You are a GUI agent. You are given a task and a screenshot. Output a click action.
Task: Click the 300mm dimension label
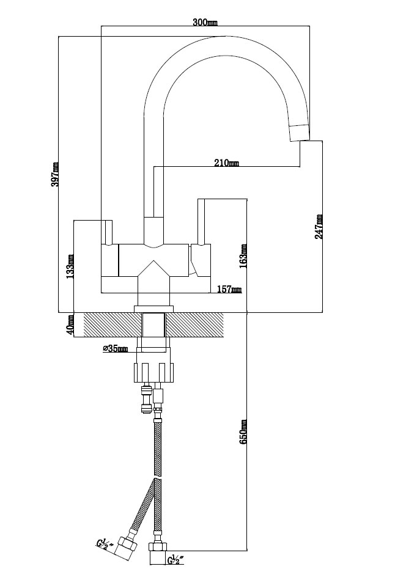point(205,22)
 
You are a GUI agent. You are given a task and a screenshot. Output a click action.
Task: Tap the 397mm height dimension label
point(55,174)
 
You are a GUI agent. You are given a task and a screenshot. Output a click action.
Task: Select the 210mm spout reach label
point(226,163)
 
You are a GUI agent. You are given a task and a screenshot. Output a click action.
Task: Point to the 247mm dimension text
point(319,227)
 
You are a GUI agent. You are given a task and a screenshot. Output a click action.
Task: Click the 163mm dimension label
point(243,256)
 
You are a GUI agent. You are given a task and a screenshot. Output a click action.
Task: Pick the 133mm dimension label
point(70,266)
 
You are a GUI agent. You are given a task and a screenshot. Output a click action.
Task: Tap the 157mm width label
point(229,289)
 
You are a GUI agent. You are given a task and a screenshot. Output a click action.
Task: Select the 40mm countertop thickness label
point(70,324)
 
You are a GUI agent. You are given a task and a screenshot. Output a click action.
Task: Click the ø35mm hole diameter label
point(116,349)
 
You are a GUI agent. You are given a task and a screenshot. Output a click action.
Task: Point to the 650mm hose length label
point(243,431)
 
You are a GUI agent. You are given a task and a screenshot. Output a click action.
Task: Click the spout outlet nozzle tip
point(300,133)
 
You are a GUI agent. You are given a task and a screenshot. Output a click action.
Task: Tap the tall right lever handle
point(201,221)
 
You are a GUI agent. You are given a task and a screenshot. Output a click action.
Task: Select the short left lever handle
point(109,232)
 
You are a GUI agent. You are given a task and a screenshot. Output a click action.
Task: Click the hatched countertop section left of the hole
point(113,325)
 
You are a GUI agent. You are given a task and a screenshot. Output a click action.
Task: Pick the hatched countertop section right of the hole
point(195,325)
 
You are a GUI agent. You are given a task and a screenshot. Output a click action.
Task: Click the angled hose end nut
point(127,547)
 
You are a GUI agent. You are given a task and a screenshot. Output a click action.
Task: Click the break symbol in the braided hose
point(158,477)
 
